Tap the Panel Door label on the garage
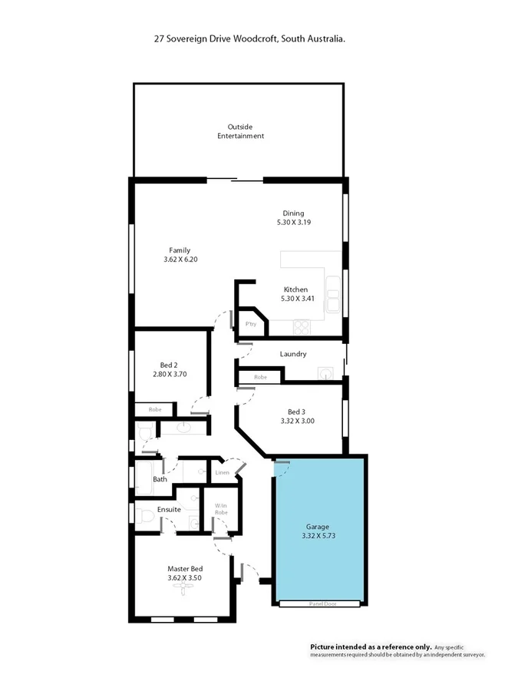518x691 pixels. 318,604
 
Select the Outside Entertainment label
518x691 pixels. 240,131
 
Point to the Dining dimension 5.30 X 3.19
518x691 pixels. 293,222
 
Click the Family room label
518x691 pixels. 180,250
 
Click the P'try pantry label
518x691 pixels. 250,324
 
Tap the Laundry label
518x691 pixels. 293,354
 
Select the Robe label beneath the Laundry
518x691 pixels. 260,377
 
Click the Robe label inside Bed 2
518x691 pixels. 154,410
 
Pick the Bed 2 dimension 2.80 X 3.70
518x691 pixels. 170,374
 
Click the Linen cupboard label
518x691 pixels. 222,472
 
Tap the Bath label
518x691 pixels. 160,479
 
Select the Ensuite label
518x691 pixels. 169,509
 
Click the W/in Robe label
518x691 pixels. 221,509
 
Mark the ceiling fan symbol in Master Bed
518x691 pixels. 183,588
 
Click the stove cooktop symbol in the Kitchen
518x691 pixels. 301,326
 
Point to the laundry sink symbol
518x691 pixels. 326,374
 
